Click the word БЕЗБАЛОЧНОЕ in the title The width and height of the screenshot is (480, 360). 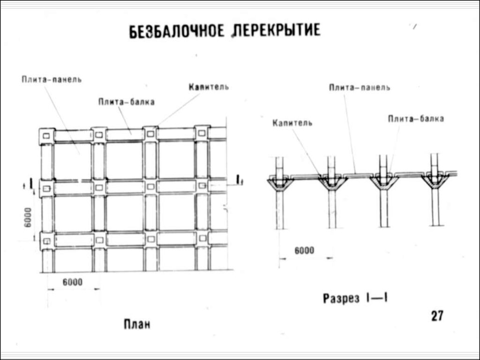click(x=177, y=31)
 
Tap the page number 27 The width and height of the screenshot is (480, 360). click(x=437, y=315)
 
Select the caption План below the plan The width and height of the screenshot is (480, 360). click(x=137, y=324)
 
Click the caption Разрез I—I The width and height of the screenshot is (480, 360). click(x=355, y=298)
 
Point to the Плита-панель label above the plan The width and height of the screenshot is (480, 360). click(x=52, y=79)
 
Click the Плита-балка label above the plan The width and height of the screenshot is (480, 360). click(x=127, y=102)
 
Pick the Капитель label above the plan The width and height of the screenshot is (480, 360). click(x=209, y=87)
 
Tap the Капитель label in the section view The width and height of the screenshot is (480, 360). click(x=292, y=123)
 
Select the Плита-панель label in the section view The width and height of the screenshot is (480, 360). click(x=360, y=88)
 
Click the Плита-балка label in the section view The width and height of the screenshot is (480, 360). click(x=416, y=119)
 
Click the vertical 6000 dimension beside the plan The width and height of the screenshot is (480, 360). click(x=28, y=217)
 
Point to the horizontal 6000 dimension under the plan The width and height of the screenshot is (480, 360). click(x=73, y=282)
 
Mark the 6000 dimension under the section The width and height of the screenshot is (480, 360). click(x=304, y=251)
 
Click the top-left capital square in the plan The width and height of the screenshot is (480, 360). click(x=46, y=136)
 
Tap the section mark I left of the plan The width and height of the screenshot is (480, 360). click(x=31, y=184)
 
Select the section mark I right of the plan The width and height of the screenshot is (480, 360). click(x=238, y=180)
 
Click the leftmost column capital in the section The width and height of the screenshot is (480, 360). click(x=280, y=184)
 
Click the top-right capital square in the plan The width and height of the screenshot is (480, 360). click(x=202, y=133)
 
